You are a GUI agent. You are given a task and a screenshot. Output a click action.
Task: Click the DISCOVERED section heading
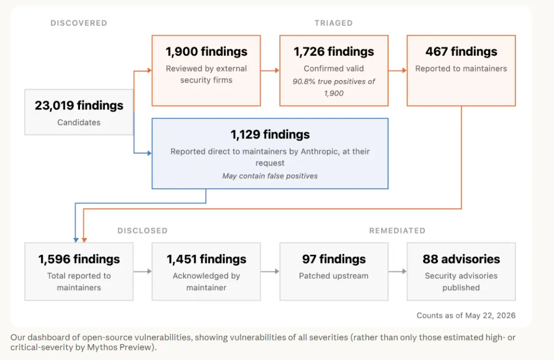79,23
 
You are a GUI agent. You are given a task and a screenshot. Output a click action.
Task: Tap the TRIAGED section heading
333,23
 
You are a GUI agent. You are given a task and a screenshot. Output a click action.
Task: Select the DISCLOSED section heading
143,231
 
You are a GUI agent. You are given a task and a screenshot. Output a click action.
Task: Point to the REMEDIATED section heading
397,231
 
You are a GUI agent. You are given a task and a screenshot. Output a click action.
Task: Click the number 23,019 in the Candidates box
54,105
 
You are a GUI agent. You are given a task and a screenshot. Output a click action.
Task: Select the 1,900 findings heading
206,52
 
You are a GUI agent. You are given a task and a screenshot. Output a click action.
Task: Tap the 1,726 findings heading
333,52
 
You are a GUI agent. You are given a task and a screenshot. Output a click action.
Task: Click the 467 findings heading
461,52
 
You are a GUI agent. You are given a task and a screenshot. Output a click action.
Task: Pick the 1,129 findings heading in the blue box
270,134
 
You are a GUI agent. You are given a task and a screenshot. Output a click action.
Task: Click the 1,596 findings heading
79,259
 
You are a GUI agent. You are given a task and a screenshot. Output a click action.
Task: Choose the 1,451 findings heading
206,259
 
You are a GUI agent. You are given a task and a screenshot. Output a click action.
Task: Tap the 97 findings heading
333,259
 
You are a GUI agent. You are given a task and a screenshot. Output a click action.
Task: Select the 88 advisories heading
461,259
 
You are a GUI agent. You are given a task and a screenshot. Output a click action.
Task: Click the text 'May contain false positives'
270,176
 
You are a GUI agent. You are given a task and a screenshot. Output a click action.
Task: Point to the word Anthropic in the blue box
320,152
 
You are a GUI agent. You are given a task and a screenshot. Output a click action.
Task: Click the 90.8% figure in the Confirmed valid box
304,82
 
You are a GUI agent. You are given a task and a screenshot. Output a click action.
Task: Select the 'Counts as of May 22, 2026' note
466,315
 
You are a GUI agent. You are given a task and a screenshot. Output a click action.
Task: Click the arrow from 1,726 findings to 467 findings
398,70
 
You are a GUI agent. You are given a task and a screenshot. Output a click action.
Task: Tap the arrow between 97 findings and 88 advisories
398,271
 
